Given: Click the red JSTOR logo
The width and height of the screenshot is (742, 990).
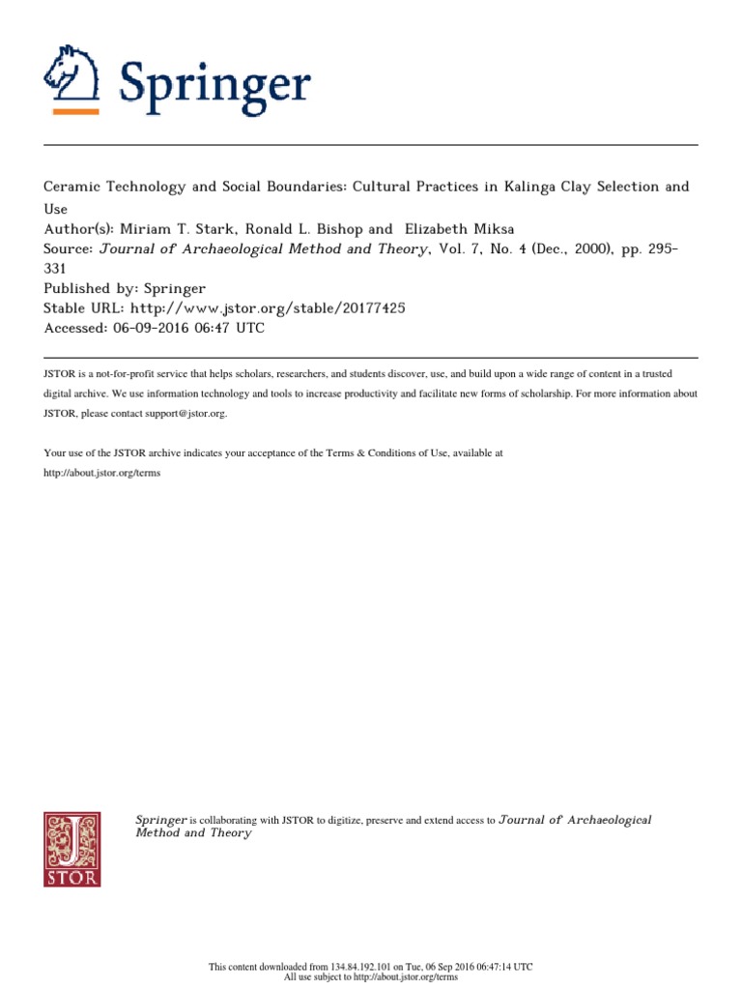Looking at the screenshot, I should tap(71, 849).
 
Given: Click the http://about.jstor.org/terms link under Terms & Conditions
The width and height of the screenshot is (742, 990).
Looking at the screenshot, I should tap(101, 473).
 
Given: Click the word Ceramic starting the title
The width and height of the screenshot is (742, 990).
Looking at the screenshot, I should tap(75, 187).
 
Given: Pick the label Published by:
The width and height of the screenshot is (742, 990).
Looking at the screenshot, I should tap(88, 289).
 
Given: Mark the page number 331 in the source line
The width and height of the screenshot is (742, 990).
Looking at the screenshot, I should tap(58, 271).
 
